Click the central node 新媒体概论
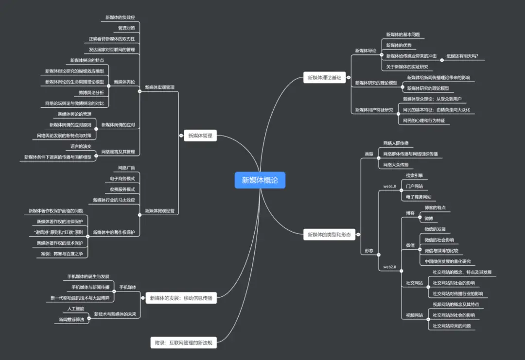[260, 180]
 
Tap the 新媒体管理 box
[200, 136]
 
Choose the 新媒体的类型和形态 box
[329, 235]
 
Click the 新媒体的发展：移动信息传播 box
[181, 298]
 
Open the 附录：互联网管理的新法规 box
[183, 343]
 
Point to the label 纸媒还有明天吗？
[462, 56]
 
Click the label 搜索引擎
[415, 175]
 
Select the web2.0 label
[390, 267]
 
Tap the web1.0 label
[390, 186]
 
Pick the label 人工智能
[76, 309]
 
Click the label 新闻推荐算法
[71, 319]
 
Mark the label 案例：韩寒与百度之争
[61, 254]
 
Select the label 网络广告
[126, 168]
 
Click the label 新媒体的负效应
[120, 17]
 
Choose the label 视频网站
[415, 315]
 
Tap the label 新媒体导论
[366, 51]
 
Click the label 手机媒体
[128, 287]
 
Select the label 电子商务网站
[419, 197]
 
